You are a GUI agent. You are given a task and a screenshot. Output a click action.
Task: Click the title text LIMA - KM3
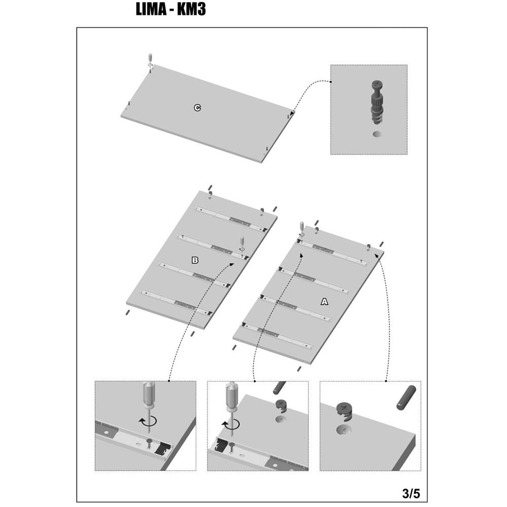click(170, 9)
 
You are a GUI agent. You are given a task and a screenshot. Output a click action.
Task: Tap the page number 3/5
click(411, 493)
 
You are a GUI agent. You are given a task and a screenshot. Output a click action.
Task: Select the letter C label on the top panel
click(197, 107)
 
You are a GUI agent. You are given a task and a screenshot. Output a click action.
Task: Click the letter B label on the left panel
click(195, 260)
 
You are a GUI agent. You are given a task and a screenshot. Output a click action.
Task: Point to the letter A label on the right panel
click(324, 302)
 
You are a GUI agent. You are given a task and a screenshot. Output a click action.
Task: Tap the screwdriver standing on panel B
click(241, 244)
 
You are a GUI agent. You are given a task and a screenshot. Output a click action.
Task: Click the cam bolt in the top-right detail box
click(377, 102)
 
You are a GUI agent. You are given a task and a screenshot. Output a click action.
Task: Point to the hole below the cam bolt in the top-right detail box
click(377, 134)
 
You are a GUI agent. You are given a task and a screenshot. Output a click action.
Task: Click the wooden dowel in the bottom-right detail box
click(406, 397)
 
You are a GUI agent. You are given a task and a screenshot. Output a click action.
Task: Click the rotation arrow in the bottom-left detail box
click(148, 421)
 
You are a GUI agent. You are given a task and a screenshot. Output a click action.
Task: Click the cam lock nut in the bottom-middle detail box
click(281, 407)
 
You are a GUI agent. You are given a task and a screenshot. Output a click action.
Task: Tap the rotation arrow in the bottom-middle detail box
click(231, 424)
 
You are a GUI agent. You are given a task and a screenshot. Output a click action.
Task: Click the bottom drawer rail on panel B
click(176, 303)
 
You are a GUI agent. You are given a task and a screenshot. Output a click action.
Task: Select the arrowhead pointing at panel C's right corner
click(292, 114)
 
